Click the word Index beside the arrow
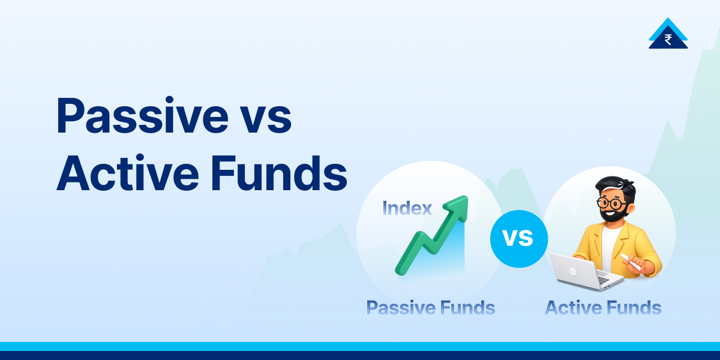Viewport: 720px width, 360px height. point(407,208)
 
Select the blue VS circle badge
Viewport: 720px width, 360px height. point(518,238)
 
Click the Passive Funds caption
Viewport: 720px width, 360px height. point(430,308)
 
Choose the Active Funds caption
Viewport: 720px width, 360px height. point(602,308)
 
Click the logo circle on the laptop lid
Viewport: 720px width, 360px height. point(572,271)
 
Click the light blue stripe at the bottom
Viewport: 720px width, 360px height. point(360,346)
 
